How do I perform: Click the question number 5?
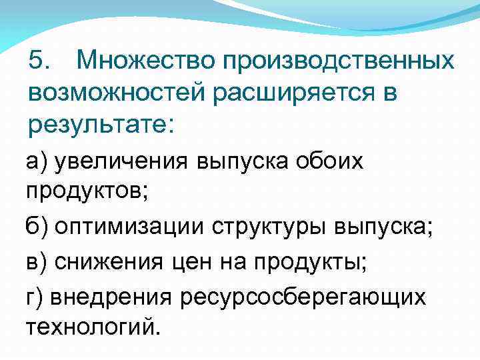(39, 61)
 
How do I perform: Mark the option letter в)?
(37, 263)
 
